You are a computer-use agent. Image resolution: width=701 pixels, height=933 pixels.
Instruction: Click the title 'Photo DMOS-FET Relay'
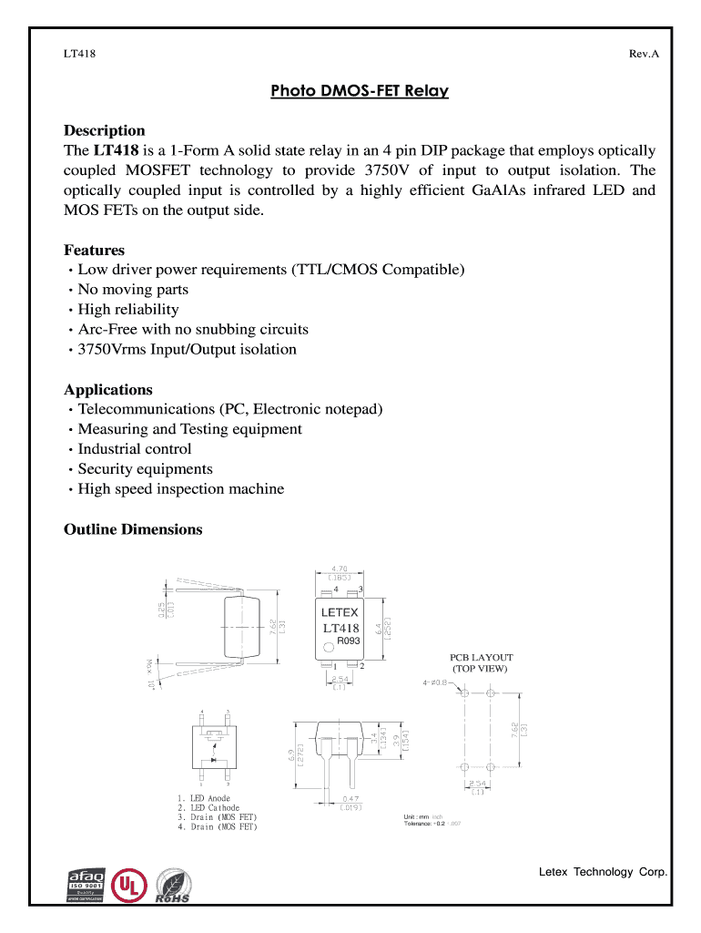(360, 92)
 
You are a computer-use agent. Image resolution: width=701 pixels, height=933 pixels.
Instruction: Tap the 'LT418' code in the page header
(80, 54)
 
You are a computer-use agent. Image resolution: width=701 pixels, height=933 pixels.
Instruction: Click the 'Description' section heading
(104, 130)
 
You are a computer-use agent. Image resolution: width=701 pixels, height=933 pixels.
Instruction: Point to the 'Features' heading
(94, 250)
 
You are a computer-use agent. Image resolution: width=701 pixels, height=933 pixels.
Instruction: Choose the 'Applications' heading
(107, 389)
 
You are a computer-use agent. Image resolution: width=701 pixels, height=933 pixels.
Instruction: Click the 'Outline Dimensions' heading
(133, 529)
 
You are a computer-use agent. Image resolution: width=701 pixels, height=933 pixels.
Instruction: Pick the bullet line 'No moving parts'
(133, 290)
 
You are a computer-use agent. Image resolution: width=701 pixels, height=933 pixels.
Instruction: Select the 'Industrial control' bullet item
(135, 449)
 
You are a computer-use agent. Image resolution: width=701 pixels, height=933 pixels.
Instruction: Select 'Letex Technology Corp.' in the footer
(603, 872)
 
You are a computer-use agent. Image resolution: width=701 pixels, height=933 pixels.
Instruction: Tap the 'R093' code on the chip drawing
(350, 641)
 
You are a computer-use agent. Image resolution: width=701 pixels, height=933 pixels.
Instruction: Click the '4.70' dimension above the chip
(340, 569)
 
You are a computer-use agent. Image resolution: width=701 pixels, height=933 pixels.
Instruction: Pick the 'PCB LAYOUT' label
(482, 658)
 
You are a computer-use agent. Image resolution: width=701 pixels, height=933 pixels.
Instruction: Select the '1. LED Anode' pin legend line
(204, 798)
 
